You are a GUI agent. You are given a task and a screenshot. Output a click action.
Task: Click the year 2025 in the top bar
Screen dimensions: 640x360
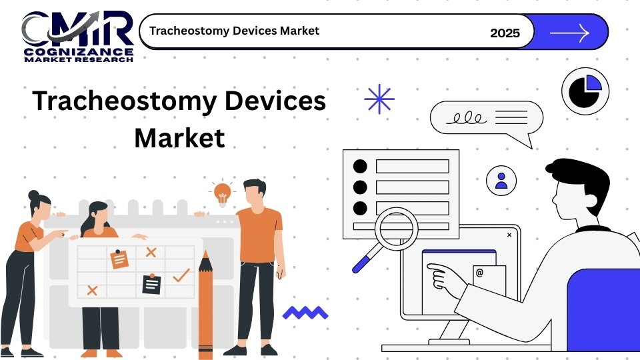pos(505,33)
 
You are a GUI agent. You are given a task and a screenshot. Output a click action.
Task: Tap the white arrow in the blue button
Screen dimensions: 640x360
pos(570,33)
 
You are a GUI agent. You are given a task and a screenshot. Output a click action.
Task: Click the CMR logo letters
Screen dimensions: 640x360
pos(77,29)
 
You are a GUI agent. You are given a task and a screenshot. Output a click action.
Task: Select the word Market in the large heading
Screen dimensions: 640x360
pos(179,138)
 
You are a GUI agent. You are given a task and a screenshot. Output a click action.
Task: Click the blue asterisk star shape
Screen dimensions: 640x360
pos(379,99)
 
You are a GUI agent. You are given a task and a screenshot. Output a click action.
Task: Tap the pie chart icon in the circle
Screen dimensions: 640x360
pos(585,91)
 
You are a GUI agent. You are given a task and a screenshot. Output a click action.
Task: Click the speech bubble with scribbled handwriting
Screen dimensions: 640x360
pos(487,119)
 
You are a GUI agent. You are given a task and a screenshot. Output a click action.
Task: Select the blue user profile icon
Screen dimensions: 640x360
pos(501,181)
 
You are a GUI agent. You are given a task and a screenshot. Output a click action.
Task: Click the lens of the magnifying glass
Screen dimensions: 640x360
pos(396,229)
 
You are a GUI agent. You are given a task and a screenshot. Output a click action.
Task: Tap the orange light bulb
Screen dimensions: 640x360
pos(223,193)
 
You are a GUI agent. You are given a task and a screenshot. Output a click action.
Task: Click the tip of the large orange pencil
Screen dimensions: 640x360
pos(205,251)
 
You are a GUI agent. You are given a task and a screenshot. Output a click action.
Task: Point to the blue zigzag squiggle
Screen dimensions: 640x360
pos(305,313)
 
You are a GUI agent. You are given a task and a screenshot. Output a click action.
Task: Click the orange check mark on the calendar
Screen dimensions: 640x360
pos(181,275)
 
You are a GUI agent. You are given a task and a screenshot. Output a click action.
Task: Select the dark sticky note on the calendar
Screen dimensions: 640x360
pos(151,284)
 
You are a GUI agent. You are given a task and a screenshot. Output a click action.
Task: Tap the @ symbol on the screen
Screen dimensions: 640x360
pos(479,273)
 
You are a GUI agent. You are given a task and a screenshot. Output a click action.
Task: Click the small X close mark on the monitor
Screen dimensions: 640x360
pos(509,235)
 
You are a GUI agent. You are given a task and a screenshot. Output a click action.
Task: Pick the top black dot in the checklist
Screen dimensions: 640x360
pos(360,166)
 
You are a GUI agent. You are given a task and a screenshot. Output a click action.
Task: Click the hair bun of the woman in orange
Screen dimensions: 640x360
pos(33,195)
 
